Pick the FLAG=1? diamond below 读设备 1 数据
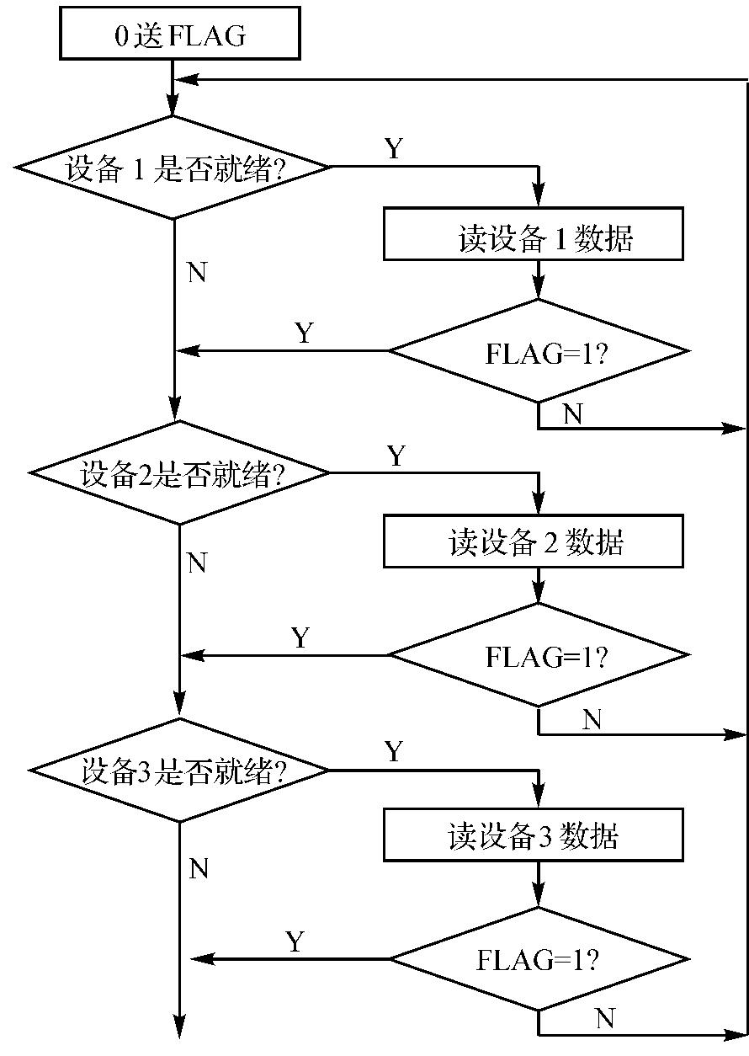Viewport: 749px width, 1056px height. [539, 350]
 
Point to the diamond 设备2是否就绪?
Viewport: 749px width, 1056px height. [179, 473]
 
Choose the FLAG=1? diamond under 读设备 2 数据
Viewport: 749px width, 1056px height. [539, 655]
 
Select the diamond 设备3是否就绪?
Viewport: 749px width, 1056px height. [179, 771]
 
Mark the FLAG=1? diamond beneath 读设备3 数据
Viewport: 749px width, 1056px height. [539, 958]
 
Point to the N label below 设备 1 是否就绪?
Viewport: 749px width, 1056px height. [197, 274]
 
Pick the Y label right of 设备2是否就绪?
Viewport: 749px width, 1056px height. [396, 456]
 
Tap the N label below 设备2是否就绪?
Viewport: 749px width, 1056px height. [197, 563]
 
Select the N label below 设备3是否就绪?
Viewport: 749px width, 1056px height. [199, 868]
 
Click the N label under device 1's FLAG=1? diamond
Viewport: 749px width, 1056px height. [572, 413]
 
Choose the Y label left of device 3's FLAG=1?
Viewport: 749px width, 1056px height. [295, 941]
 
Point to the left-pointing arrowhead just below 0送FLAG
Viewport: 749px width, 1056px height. [187, 80]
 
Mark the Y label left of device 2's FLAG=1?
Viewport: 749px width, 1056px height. [300, 637]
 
